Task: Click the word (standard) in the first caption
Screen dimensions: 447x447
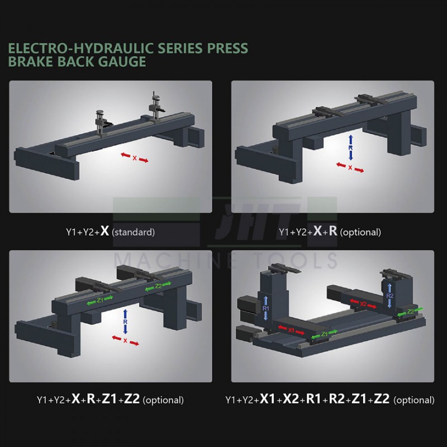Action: coord(134,231)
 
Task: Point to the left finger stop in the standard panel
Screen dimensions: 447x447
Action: coord(101,120)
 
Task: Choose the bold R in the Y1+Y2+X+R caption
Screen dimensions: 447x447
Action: coord(332,231)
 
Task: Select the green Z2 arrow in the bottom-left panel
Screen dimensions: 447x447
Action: coord(158,287)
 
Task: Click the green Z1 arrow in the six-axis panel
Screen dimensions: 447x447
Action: coord(325,334)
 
